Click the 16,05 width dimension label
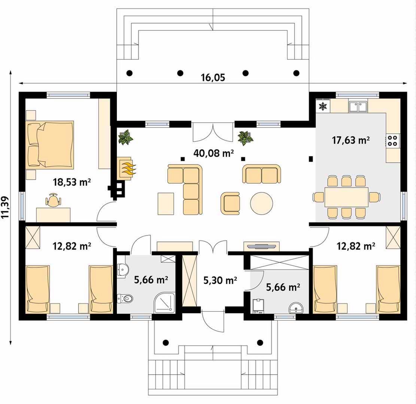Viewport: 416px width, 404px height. [213, 78]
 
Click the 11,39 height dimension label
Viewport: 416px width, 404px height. [5, 207]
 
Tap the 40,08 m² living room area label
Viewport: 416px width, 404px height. [213, 153]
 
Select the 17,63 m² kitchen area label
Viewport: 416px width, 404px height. [351, 140]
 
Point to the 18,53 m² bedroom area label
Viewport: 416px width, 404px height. [72, 182]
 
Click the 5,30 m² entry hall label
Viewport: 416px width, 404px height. [220, 280]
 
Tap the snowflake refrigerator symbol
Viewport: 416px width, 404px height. [323, 106]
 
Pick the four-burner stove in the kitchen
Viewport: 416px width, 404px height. [392, 141]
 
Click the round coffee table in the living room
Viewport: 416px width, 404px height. [261, 203]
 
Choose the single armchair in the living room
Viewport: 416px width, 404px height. [230, 203]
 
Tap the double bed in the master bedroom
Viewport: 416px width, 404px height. [49, 145]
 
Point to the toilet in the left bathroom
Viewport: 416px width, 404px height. [125, 299]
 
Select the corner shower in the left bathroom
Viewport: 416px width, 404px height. [165, 303]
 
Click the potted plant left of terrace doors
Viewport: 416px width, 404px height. [125, 137]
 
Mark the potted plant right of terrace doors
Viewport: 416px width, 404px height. [245, 138]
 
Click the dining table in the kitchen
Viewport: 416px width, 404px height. [346, 197]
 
